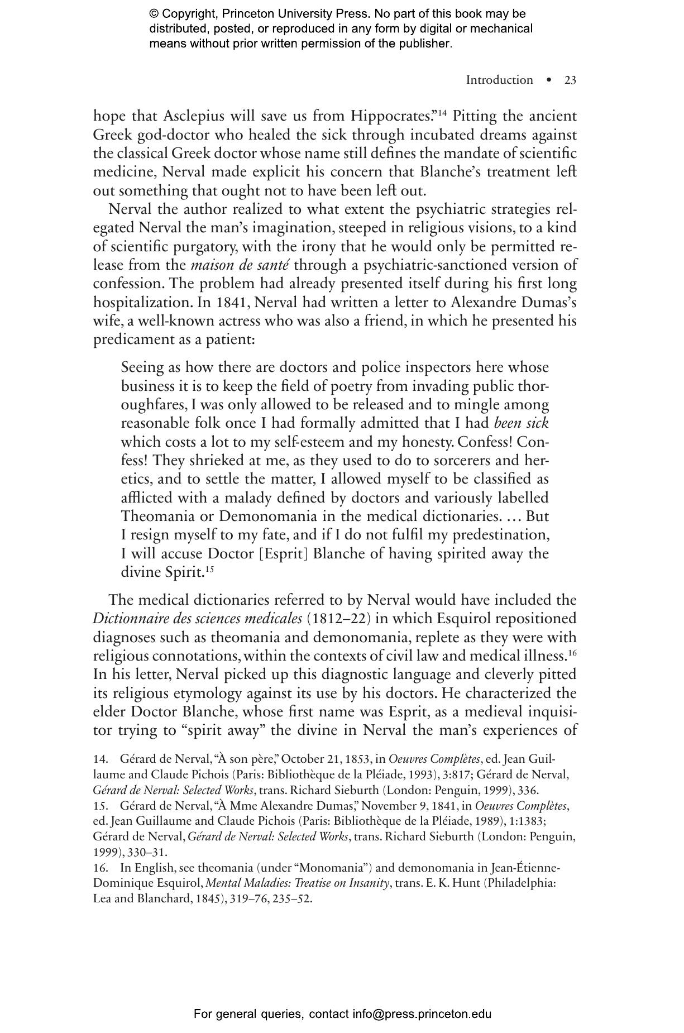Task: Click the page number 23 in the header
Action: (570, 80)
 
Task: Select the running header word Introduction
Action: (499, 80)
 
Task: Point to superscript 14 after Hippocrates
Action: (442, 113)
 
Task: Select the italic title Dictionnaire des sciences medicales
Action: (197, 619)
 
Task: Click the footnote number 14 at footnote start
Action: (100, 759)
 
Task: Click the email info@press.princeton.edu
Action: (422, 1014)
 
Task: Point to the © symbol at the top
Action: (154, 14)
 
